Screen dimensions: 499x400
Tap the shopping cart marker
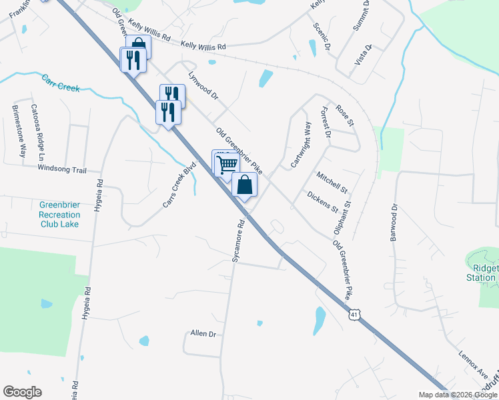[x=227, y=164]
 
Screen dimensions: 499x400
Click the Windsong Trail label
[x=62, y=170]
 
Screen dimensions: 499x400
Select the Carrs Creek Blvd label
[x=180, y=185]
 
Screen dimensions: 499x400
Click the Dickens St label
[x=323, y=202]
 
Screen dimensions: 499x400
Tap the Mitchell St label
[x=333, y=183]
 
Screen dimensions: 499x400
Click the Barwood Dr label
[x=394, y=223]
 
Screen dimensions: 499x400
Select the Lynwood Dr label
[x=203, y=86]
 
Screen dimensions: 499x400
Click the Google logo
[x=22, y=392]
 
